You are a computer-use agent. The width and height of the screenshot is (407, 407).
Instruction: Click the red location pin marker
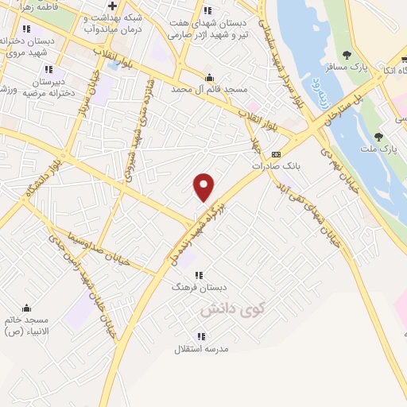coord(204,187)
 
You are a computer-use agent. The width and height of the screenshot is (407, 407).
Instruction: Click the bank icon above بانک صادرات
coord(276,153)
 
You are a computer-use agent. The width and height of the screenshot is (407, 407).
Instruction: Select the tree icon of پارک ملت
coord(389,138)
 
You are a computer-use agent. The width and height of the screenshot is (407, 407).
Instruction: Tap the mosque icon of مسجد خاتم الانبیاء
coord(26,308)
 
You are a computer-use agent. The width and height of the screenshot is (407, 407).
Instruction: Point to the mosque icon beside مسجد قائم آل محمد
coord(209,78)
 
